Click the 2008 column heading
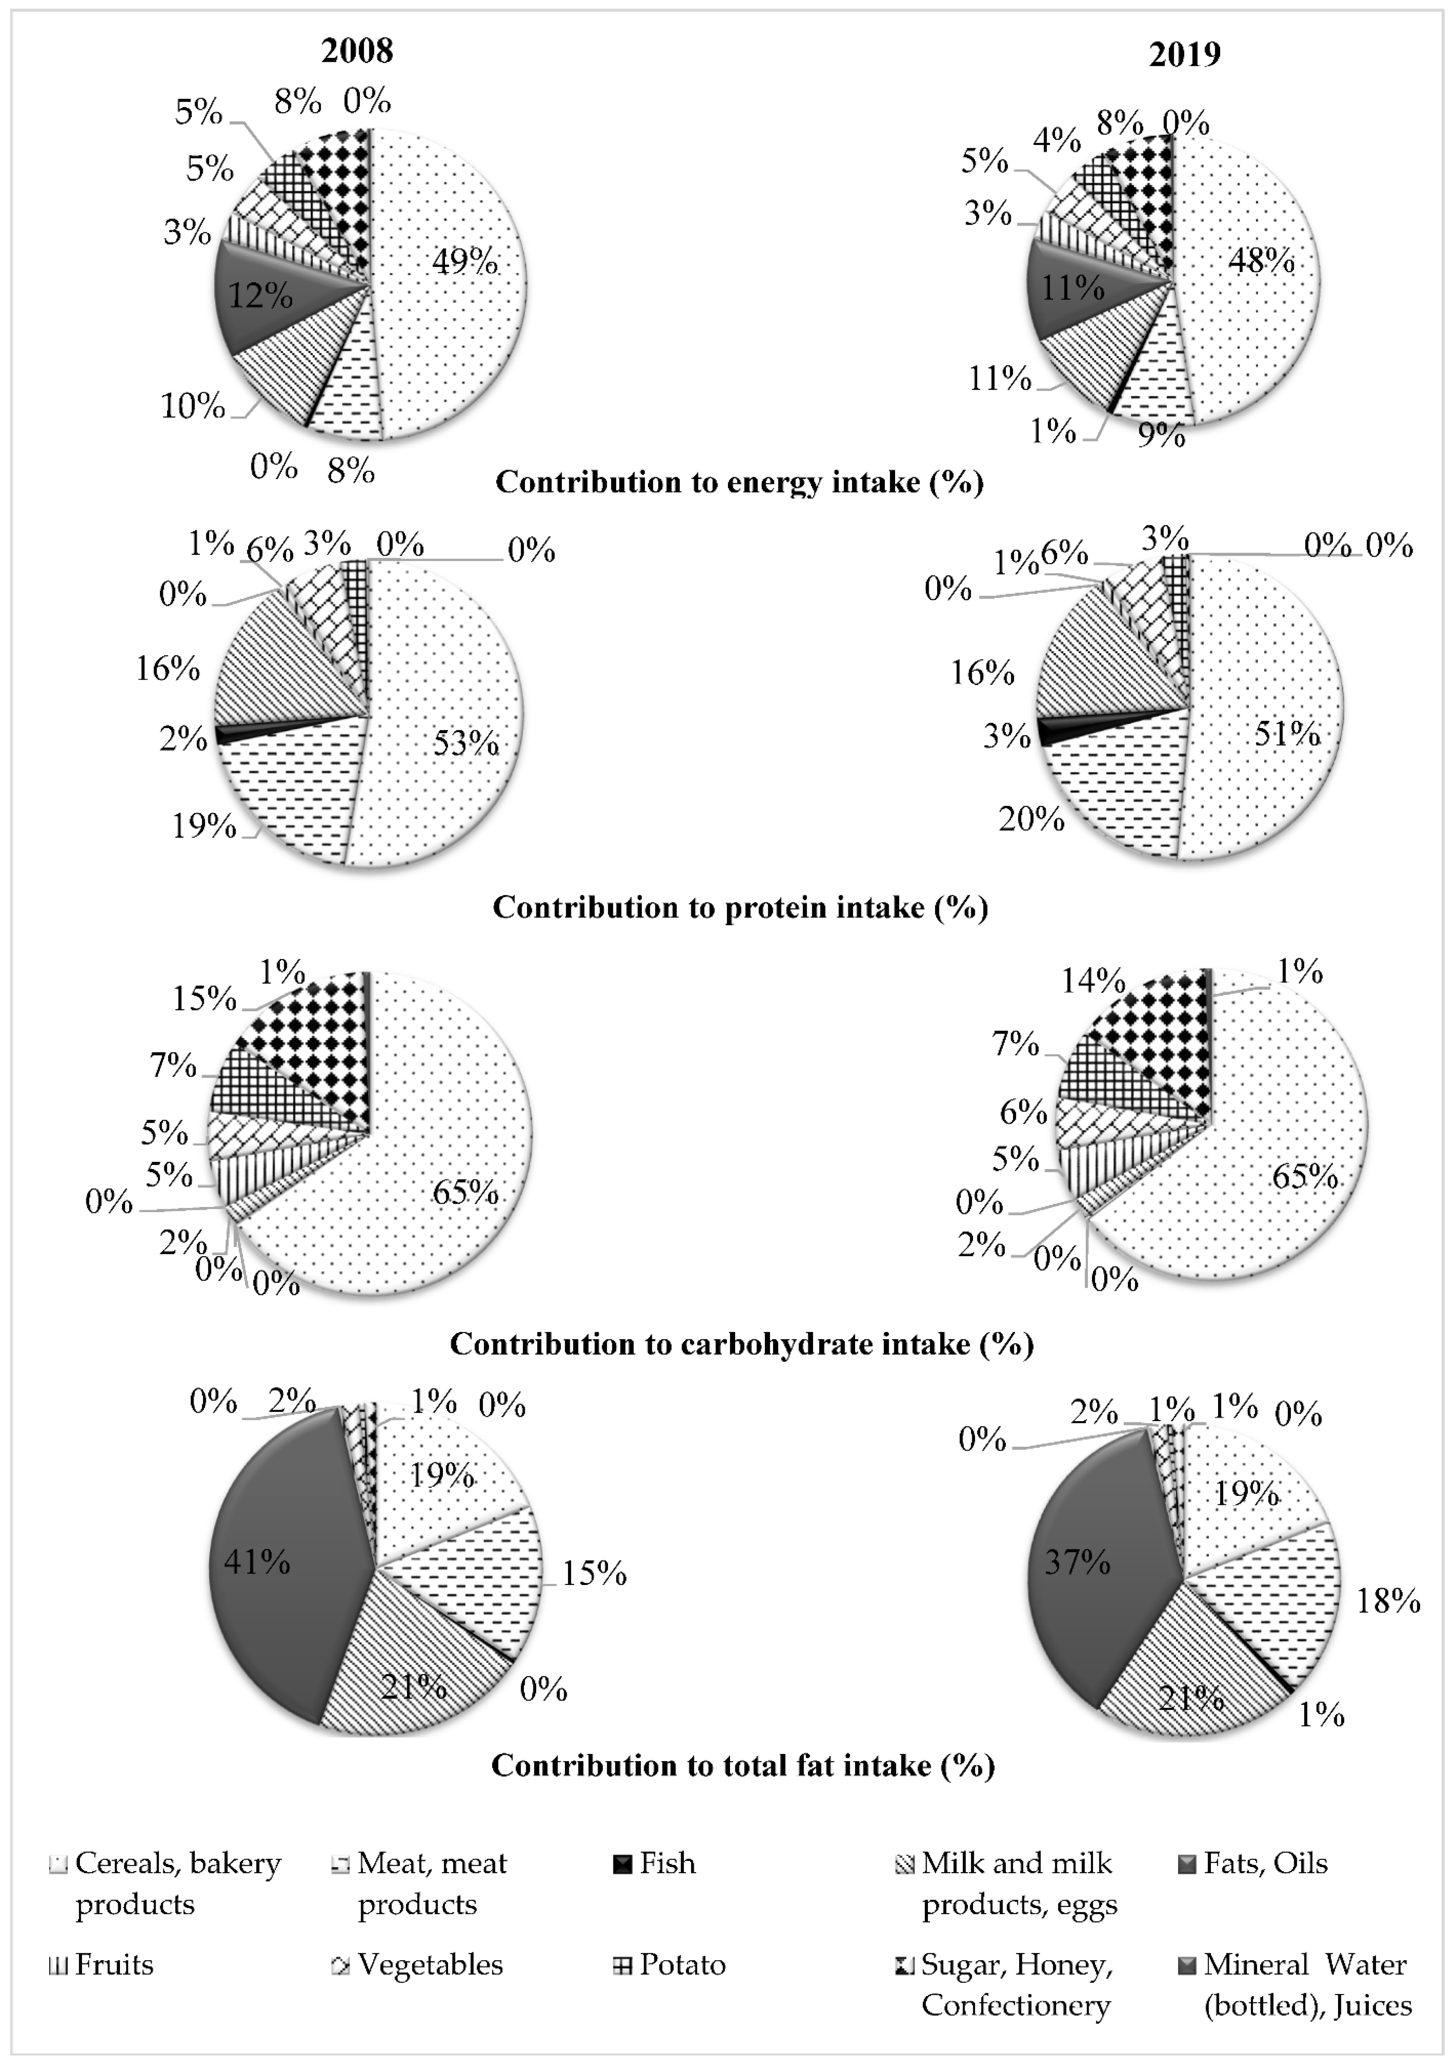tap(357, 50)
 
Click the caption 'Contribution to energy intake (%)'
tap(739, 482)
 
